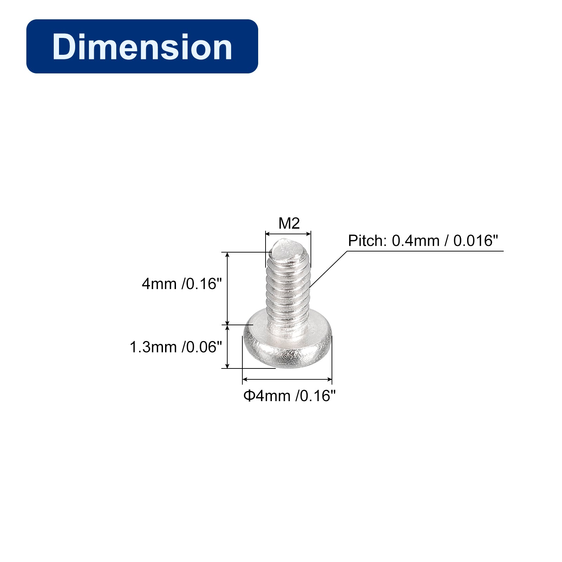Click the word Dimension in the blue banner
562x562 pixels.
pos(142,47)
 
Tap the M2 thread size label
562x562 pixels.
pos(289,223)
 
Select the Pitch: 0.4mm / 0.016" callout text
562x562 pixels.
pos(423,241)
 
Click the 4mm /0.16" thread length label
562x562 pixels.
pos(182,284)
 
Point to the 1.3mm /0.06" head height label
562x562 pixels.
pos(176,347)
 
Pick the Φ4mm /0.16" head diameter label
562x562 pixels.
pos(289,396)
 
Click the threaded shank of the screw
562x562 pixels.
pos(288,288)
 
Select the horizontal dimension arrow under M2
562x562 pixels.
pos(288,234)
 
